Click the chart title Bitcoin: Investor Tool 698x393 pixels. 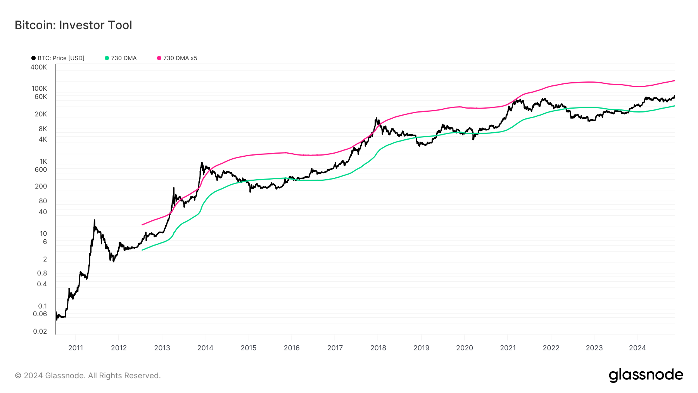(73, 25)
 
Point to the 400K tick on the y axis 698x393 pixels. (39, 67)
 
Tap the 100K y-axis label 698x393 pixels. (39, 88)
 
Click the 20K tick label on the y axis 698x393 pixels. (41, 114)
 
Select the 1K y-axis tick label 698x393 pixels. (43, 161)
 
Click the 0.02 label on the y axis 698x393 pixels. (40, 331)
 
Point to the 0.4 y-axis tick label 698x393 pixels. (42, 284)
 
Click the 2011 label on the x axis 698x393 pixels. (76, 348)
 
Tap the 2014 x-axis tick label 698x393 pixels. (205, 348)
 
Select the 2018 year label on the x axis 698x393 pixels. (378, 348)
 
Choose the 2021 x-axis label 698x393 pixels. (508, 348)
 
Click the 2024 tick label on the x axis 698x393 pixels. (637, 348)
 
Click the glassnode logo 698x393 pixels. (646, 375)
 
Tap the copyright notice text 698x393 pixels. (88, 376)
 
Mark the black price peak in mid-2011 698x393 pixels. (94, 220)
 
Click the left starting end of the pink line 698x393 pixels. (142, 225)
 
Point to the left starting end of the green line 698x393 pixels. (142, 250)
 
